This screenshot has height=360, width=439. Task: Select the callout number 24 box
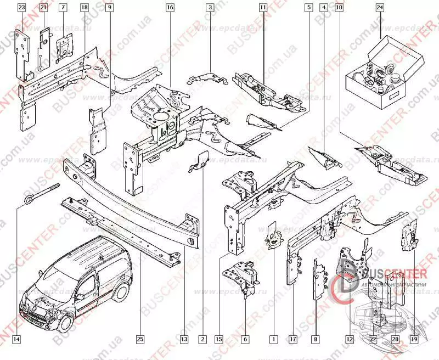[x=380, y=8]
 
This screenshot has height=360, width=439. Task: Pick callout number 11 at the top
[x=263, y=8]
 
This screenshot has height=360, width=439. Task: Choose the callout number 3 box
[x=210, y=8]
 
